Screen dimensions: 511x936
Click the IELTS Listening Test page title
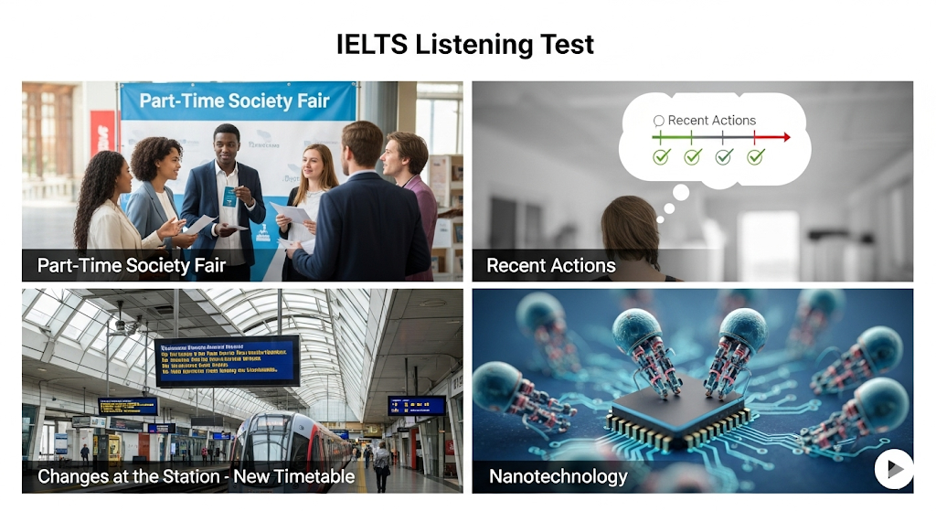[465, 44]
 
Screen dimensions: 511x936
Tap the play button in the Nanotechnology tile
[894, 469]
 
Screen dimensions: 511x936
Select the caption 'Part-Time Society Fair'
[132, 266]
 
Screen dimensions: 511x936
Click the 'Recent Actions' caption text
[551, 266]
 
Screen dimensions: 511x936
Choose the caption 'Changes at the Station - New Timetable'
[196, 476]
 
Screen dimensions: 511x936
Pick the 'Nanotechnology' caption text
[558, 476]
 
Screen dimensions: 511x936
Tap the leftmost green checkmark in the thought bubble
[662, 157]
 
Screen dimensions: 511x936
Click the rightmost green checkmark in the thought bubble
[755, 157]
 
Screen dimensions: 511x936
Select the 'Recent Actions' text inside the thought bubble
[711, 120]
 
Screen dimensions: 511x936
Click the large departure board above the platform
[227, 360]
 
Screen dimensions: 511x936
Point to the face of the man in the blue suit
[227, 145]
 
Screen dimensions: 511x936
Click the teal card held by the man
[229, 195]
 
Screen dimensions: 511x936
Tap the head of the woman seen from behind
[630, 229]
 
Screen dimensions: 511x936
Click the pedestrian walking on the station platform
[381, 464]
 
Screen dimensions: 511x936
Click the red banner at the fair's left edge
[103, 133]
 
